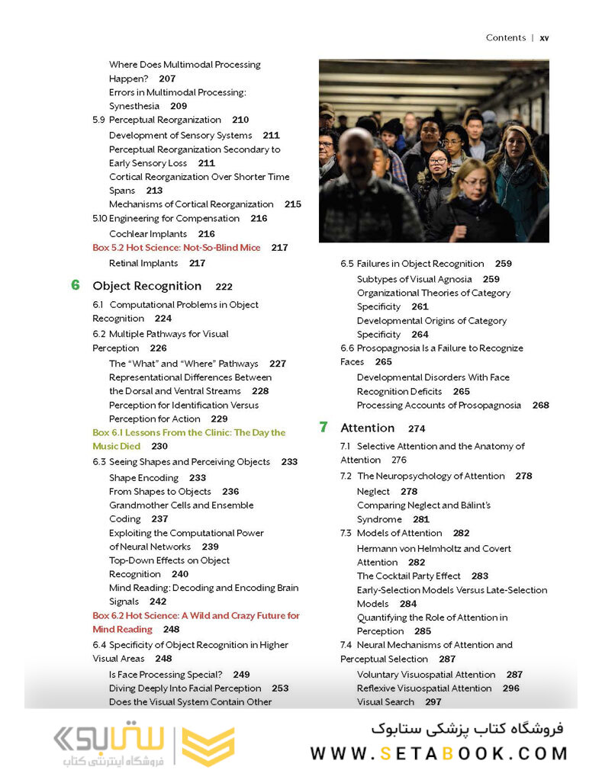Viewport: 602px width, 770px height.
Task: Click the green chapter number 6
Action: click(76, 285)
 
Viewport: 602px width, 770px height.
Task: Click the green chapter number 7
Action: click(324, 427)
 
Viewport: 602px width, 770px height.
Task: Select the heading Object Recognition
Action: click(147, 286)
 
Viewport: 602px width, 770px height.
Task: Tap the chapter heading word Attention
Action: click(368, 428)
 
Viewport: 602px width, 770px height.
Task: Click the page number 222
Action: click(224, 287)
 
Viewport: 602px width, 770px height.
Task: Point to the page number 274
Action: click(417, 428)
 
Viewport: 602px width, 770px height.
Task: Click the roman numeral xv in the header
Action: click(544, 37)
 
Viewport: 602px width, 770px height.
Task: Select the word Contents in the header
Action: click(505, 37)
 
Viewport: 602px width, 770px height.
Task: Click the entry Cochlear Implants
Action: click(148, 234)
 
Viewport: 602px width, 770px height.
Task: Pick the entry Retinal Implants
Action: click(143, 263)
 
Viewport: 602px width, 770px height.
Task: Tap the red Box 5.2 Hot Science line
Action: click(176, 248)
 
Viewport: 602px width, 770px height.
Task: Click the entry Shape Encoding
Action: click(143, 478)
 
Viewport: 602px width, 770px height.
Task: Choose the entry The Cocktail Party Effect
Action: click(408, 576)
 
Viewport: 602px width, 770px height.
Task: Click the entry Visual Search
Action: click(385, 701)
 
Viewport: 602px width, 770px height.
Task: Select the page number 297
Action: click(433, 701)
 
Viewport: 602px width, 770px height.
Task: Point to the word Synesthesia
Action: click(135, 106)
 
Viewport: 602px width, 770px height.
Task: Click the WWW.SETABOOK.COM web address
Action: click(439, 753)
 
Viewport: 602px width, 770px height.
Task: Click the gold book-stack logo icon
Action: click(208, 744)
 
